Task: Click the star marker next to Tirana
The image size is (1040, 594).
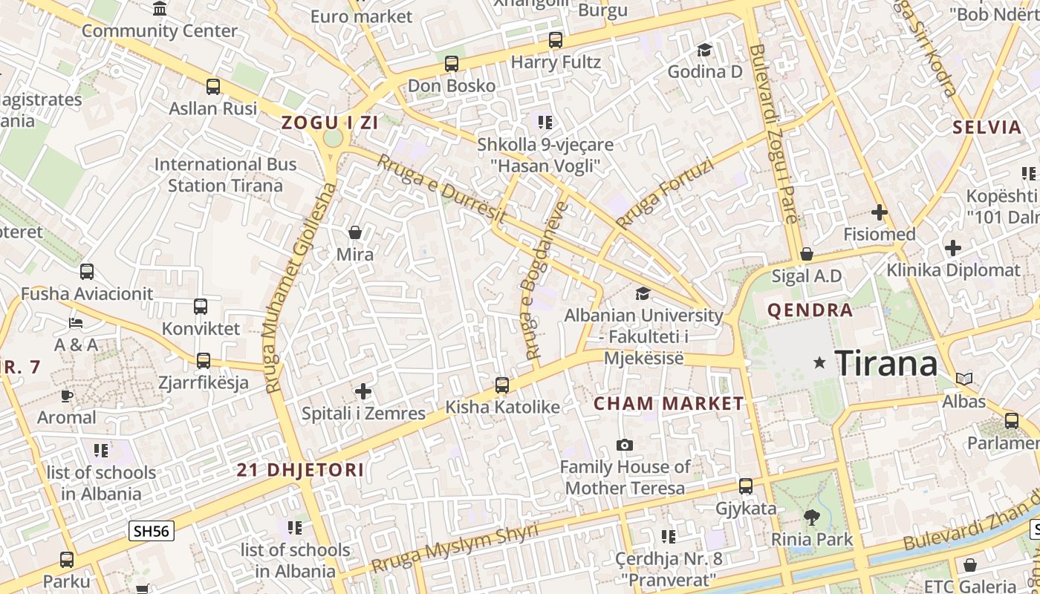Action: coord(819,362)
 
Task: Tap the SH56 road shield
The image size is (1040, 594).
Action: coord(152,530)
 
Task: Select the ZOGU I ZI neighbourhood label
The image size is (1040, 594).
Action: coord(330,123)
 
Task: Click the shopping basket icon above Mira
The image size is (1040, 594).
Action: coord(355,232)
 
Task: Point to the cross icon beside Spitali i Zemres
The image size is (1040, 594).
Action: coord(363,391)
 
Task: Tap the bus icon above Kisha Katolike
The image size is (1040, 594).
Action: coord(502,385)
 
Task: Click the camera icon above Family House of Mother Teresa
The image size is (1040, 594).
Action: coord(625,445)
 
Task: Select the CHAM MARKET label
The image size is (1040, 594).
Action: coord(669,404)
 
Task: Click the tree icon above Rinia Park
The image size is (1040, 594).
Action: coord(811,517)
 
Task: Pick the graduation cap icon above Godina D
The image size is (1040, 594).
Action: coord(704,50)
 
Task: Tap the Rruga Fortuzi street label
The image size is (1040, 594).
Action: coord(664,194)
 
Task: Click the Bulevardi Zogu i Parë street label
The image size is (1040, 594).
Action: coord(773,134)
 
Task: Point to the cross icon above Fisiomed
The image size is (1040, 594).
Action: coord(880,213)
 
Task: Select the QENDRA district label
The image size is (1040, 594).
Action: coord(810,310)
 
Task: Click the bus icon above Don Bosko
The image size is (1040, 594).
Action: coord(452,64)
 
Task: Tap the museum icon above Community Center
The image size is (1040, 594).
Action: coord(160,9)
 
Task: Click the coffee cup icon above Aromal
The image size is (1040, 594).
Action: coord(67,396)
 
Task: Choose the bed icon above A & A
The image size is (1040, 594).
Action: coord(76,323)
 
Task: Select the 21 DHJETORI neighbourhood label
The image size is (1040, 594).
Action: coord(300,469)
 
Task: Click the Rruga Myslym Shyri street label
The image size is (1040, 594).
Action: coord(455,548)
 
